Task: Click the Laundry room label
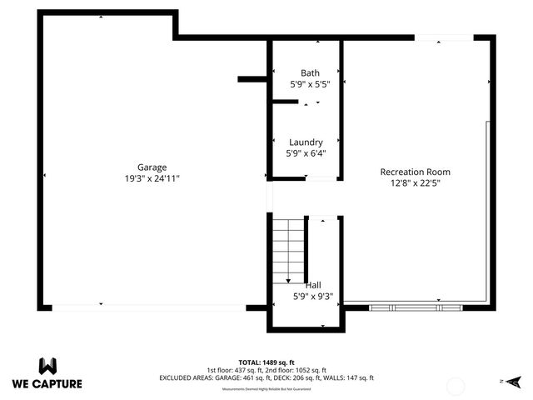(306, 142)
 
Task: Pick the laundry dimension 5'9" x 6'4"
(306, 153)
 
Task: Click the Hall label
(313, 284)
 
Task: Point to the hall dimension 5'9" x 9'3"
(313, 295)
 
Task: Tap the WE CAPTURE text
(47, 384)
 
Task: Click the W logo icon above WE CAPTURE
(47, 366)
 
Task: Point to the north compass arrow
(515, 381)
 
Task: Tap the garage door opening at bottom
(150, 307)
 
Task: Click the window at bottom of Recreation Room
(415, 307)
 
